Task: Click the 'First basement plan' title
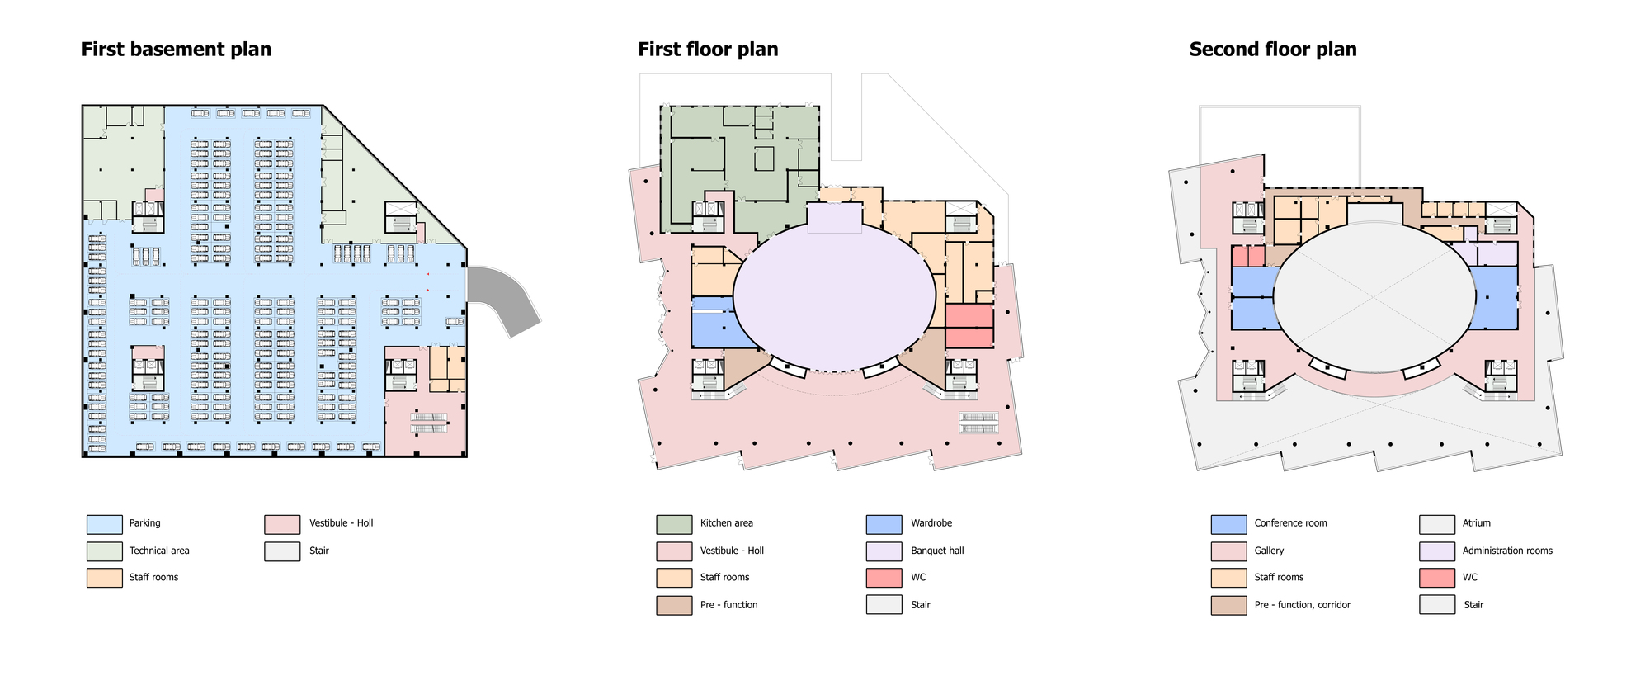tap(176, 50)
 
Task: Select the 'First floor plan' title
tap(708, 50)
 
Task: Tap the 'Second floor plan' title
tap(1273, 50)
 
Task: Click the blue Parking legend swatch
tap(104, 524)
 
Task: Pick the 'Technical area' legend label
tap(159, 551)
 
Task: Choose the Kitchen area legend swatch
tap(674, 524)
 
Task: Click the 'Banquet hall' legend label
tap(937, 551)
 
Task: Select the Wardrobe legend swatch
tap(884, 524)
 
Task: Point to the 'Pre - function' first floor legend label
tap(728, 605)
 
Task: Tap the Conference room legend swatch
tap(1228, 524)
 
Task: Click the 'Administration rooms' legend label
tap(1507, 551)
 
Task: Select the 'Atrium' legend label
tap(1477, 523)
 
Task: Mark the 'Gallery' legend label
tap(1269, 551)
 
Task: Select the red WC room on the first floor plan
tap(969, 326)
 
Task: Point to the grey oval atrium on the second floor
tap(1374, 297)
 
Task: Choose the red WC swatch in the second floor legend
tap(1437, 578)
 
